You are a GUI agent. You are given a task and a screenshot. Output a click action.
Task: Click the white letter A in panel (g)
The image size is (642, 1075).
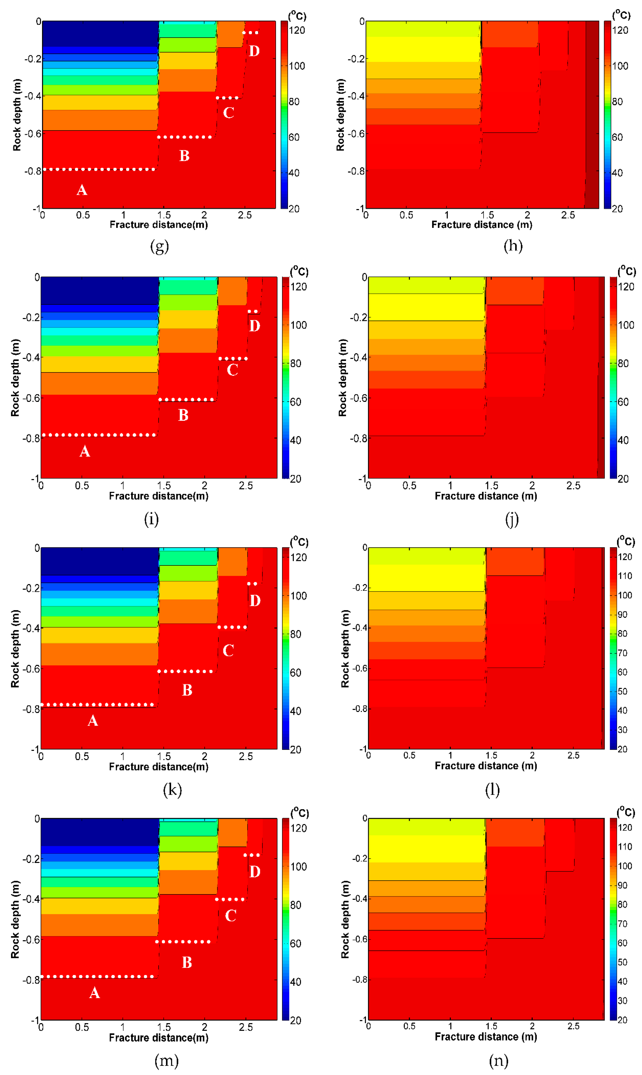pos(82,190)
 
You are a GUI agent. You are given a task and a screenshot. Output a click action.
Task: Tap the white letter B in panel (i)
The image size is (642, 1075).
pos(184,415)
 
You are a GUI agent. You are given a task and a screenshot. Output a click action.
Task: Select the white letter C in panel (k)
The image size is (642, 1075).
pos(228,650)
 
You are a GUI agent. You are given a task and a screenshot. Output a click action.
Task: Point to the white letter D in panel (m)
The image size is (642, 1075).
pos(255,872)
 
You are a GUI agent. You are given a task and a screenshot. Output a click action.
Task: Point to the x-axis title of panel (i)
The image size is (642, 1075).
pos(158,496)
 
